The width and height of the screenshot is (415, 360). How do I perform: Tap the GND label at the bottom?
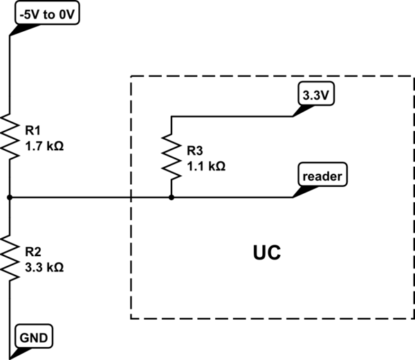pyautogui.click(x=34, y=339)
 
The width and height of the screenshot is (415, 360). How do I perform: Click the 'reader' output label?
pyautogui.click(x=324, y=176)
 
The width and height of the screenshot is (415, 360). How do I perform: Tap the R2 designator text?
pyautogui.click(x=33, y=251)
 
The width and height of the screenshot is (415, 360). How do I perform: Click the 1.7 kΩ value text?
pyautogui.click(x=44, y=146)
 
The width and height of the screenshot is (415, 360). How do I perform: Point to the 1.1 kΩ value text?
pyautogui.click(x=206, y=166)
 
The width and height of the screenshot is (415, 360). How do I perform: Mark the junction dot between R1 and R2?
pyautogui.click(x=10, y=197)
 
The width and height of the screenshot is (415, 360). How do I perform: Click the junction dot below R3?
pyautogui.click(x=171, y=197)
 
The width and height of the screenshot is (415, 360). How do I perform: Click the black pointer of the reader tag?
pyautogui.click(x=299, y=191)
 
